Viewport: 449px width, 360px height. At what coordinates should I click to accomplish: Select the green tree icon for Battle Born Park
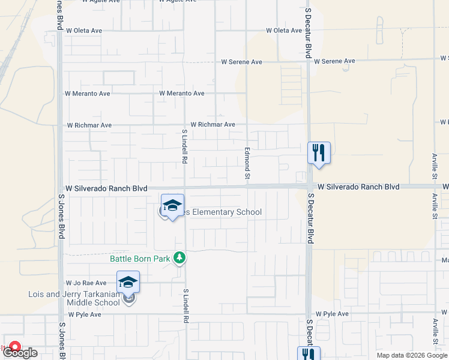[x=179, y=258]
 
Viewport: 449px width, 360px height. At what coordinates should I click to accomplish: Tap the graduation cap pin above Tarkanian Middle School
[x=128, y=283]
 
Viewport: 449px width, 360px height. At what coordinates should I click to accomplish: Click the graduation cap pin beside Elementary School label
[x=172, y=206]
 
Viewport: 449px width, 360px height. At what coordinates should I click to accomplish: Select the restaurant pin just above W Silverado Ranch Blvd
[x=319, y=153]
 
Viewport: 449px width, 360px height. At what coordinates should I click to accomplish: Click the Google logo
[x=21, y=353]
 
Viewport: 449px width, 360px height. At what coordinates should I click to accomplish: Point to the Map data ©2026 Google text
[x=412, y=355]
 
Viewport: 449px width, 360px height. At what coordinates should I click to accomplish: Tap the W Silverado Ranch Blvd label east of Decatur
[x=358, y=187]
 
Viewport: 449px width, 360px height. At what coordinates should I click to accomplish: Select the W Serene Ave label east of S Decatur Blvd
[x=334, y=61]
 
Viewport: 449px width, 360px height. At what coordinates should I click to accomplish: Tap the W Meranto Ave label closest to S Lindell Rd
[x=182, y=94]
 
